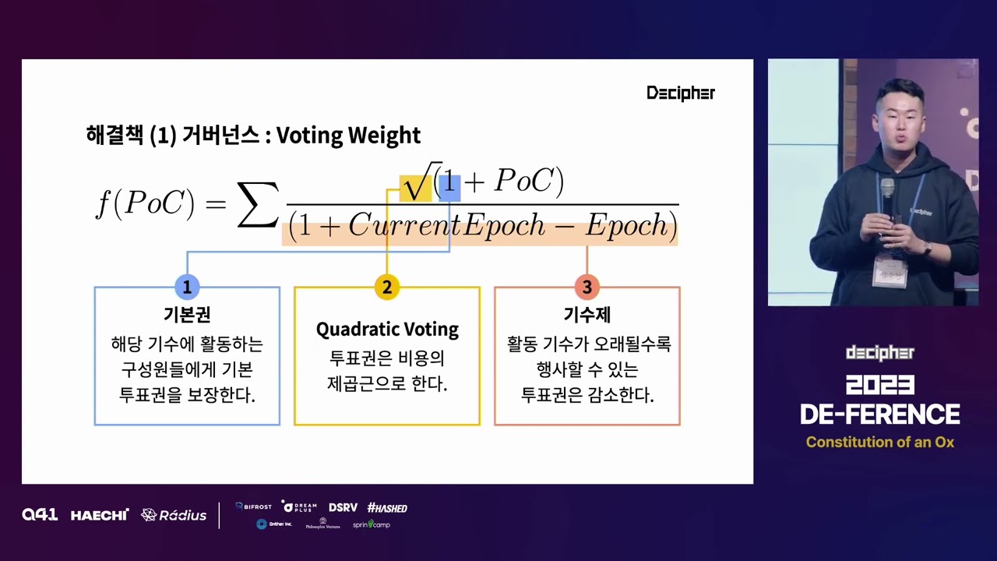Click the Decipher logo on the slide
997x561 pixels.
[x=680, y=93]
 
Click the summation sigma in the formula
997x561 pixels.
[x=257, y=205]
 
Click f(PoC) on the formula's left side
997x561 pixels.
[x=145, y=203]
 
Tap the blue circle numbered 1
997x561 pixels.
[x=187, y=287]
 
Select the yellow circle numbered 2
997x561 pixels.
[x=386, y=287]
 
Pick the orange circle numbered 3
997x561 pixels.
[x=587, y=287]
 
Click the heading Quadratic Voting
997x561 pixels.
[x=387, y=330]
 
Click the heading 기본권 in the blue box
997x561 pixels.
[x=187, y=315]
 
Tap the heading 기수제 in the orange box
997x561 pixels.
[x=587, y=315]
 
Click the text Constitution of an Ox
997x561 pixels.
[x=879, y=443]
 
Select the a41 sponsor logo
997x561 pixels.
[x=40, y=514]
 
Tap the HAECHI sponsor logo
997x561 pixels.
[x=100, y=515]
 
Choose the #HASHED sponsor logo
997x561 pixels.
[x=387, y=508]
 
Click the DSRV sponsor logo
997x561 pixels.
[x=343, y=508]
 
